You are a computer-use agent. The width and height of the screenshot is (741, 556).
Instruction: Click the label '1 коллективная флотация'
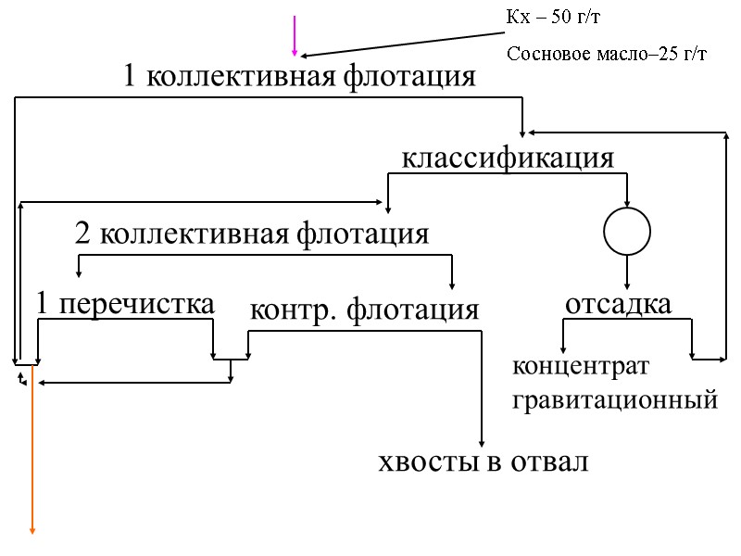tap(299, 77)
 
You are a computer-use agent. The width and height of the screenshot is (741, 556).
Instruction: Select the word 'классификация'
tap(508, 158)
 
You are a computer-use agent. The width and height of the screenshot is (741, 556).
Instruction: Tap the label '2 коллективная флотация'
tap(251, 234)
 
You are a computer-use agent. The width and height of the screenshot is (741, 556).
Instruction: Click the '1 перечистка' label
tap(125, 303)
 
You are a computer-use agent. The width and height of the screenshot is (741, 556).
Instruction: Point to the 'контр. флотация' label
tap(365, 310)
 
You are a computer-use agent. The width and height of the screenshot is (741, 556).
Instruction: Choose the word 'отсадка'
tap(618, 303)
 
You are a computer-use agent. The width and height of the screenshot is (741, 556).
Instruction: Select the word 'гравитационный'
tap(614, 400)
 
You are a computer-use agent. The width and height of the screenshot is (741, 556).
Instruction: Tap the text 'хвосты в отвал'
tap(484, 461)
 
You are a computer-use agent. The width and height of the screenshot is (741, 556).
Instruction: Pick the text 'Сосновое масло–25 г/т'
tap(607, 54)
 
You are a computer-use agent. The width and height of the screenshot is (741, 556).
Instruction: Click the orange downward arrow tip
tap(33, 530)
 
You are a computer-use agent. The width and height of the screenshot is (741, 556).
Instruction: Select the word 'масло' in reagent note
tap(614, 54)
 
